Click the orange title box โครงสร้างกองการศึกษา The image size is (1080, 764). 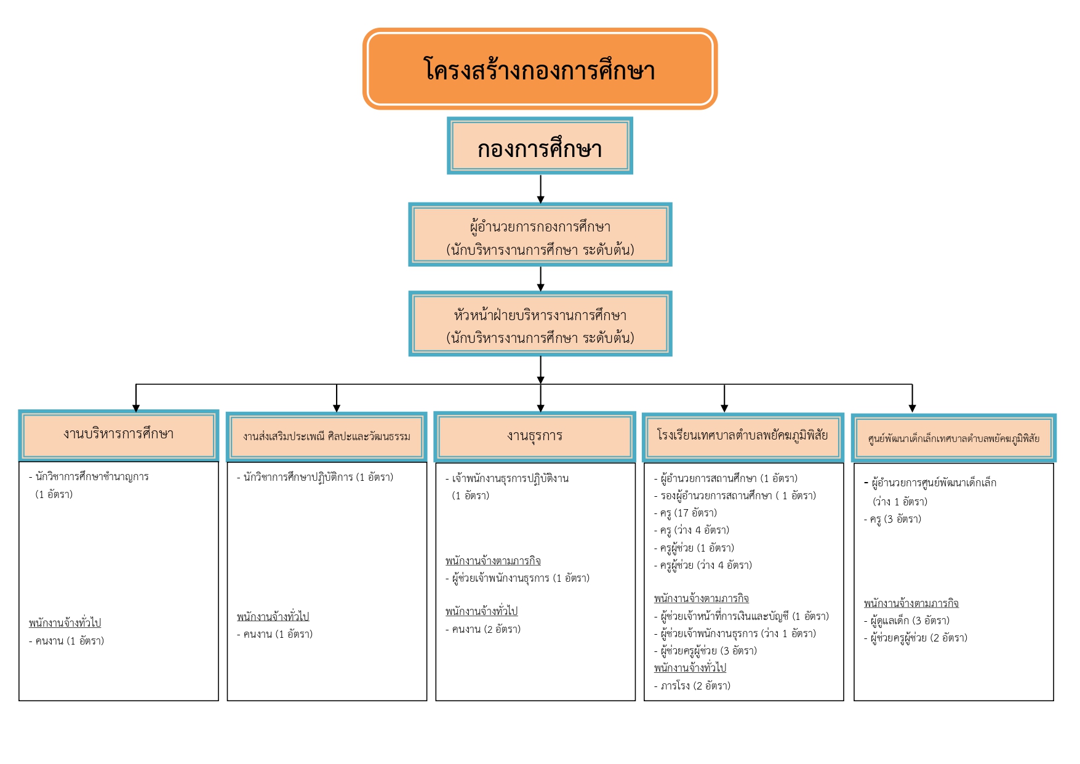[x=540, y=68]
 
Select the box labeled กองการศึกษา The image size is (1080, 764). [x=540, y=146]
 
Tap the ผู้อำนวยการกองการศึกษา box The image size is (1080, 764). [x=540, y=235]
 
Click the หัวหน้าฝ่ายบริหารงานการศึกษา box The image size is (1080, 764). [x=540, y=324]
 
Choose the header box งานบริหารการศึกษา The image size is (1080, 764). [x=119, y=435]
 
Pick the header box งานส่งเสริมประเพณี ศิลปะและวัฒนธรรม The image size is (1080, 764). [x=327, y=437]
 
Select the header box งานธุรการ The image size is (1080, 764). [x=535, y=437]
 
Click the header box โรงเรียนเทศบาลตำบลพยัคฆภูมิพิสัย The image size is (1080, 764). [x=743, y=437]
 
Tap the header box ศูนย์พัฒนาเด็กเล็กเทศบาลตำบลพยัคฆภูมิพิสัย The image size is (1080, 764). [x=953, y=438]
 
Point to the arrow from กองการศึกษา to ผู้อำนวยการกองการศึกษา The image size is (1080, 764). [x=540, y=189]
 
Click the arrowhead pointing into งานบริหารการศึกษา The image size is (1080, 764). [x=136, y=408]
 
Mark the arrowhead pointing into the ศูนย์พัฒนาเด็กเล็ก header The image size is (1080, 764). [x=912, y=408]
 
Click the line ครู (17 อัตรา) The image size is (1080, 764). [x=685, y=513]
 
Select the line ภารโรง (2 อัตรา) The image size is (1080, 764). [x=692, y=686]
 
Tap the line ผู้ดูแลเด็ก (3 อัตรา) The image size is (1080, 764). [x=906, y=621]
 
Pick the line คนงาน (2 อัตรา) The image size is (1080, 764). [x=483, y=629]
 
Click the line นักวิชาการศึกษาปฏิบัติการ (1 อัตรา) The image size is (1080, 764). [x=315, y=477]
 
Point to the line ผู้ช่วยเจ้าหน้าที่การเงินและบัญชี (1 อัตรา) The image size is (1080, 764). [x=741, y=616]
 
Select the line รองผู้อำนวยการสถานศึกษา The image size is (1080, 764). [x=734, y=496]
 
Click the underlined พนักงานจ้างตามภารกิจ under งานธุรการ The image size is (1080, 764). [x=493, y=561]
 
